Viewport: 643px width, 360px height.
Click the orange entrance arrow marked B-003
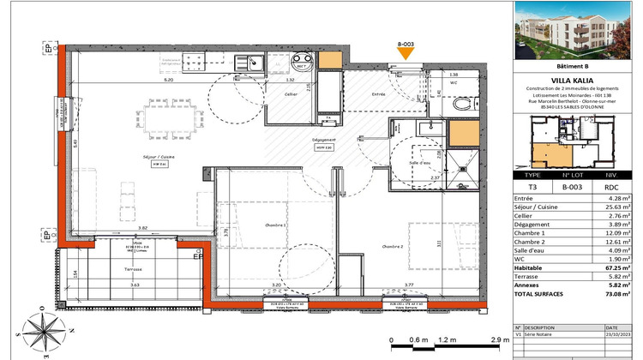pos(406,55)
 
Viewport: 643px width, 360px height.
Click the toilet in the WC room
pos(463,105)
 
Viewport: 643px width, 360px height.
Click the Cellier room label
pos(292,95)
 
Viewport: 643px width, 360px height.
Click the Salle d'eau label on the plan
pos(419,162)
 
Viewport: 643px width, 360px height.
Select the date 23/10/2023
pos(615,335)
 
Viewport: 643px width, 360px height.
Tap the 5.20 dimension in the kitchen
pos(168,78)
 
